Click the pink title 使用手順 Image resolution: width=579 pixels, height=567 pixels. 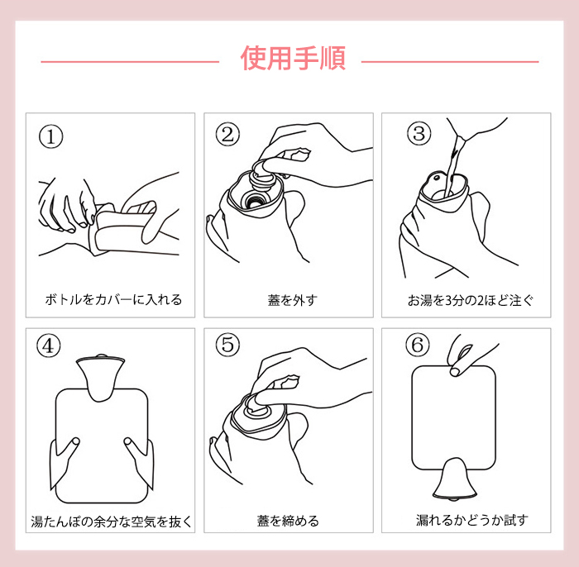coord(293,59)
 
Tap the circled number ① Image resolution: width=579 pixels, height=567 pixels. coord(51,136)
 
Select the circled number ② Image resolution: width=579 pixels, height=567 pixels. coord(227,134)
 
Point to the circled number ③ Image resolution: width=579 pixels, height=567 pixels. coord(419,134)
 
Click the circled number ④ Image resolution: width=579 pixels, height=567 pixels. coord(49,346)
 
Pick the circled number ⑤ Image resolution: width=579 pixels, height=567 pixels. coord(227,345)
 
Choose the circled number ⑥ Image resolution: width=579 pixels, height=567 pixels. coord(418,345)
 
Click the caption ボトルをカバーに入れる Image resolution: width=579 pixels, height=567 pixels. coord(113,299)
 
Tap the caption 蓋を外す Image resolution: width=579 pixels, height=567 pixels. coord(293,300)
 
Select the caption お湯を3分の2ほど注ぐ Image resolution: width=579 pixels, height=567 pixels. coord(471,300)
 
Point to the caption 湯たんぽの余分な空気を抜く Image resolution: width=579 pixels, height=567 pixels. coord(112,522)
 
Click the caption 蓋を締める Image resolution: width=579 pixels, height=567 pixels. coord(288,521)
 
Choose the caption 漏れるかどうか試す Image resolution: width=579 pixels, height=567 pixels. coord(472,520)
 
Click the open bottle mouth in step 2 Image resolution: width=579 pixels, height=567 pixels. coord(253,200)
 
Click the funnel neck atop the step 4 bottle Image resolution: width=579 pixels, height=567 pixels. coord(100,376)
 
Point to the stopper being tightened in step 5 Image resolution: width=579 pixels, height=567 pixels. coord(258,407)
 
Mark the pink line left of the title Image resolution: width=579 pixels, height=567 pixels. coord(130,62)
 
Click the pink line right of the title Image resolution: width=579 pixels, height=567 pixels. coord(450,62)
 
